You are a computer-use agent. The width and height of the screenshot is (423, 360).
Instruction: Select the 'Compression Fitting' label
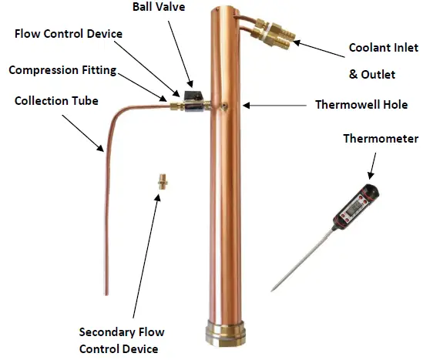[x=62, y=70]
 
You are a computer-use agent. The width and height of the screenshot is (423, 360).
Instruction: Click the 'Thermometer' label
[x=377, y=139]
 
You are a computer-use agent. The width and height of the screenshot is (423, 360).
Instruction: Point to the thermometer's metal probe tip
[x=274, y=288]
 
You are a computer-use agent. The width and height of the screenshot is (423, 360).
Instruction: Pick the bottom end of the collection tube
[x=106, y=291]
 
